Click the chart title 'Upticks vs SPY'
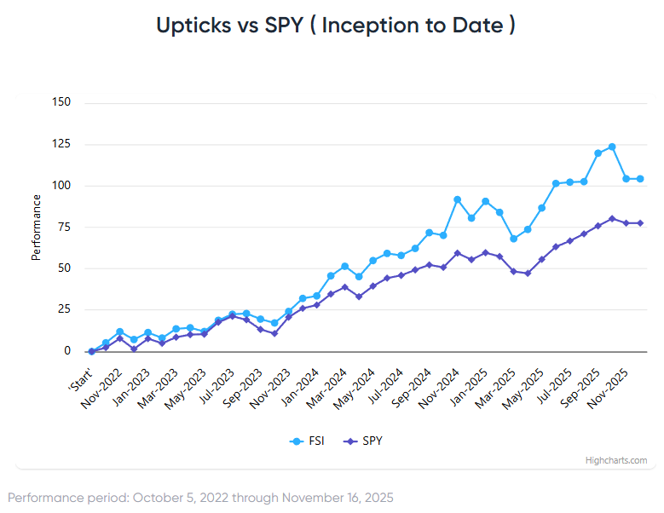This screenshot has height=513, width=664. tap(335, 26)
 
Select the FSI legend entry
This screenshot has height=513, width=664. tap(308, 441)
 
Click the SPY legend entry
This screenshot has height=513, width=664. tap(364, 441)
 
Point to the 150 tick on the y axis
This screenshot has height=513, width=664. tap(61, 102)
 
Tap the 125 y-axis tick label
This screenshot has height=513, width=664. tap(61, 144)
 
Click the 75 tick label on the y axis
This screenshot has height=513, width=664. tap(65, 227)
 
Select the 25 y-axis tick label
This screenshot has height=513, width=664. tap(65, 309)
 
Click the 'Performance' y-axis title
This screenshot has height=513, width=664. tap(37, 228)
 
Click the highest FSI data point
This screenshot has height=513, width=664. tap(612, 147)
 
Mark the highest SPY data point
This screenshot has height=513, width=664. tap(612, 218)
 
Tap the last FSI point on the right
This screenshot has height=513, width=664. tap(640, 179)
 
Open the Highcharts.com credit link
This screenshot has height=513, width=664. tap(615, 460)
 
